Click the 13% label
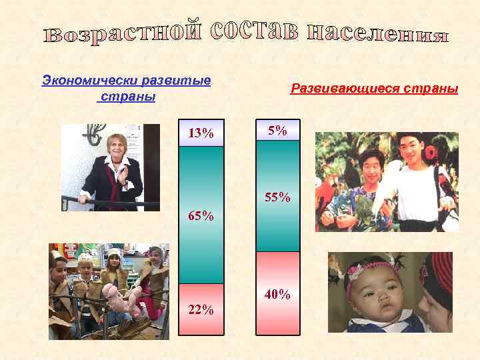(x=201, y=133)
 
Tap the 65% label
(x=201, y=216)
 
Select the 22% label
(x=201, y=309)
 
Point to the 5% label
(x=277, y=131)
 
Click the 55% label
(x=278, y=197)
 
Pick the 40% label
(x=278, y=294)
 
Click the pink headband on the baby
(x=367, y=270)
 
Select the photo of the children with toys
(x=108, y=291)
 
